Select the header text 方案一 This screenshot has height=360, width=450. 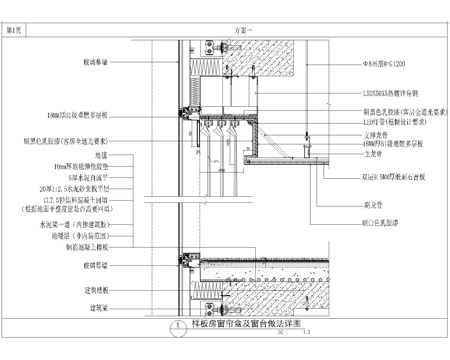pyautogui.click(x=228, y=32)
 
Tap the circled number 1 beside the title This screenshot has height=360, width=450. pyautogui.click(x=177, y=326)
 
